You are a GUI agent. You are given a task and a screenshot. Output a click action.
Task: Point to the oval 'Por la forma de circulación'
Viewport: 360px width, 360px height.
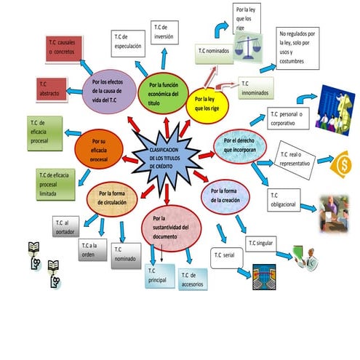pos(111,198)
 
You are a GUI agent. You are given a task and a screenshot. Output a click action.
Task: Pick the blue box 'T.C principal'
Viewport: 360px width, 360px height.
pos(159,276)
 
